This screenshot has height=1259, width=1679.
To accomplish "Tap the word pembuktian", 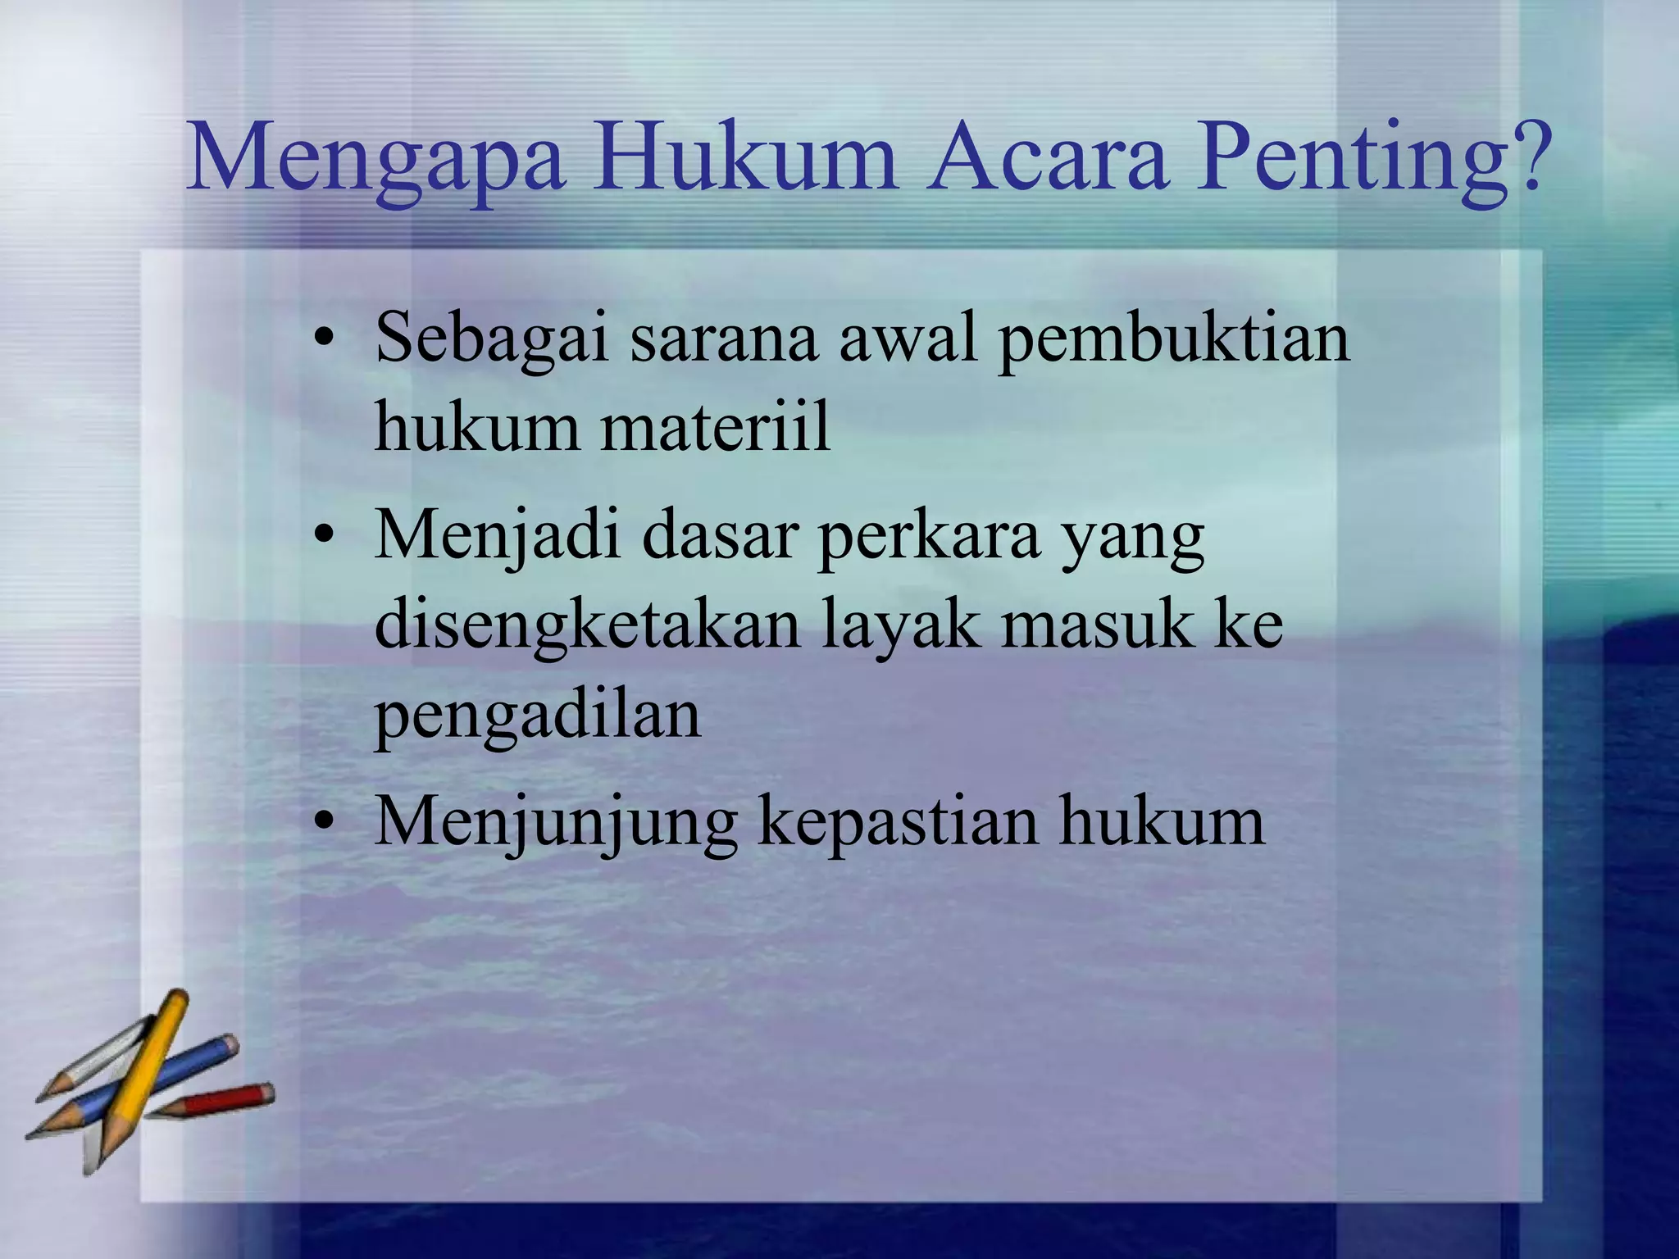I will [x=1173, y=338].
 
